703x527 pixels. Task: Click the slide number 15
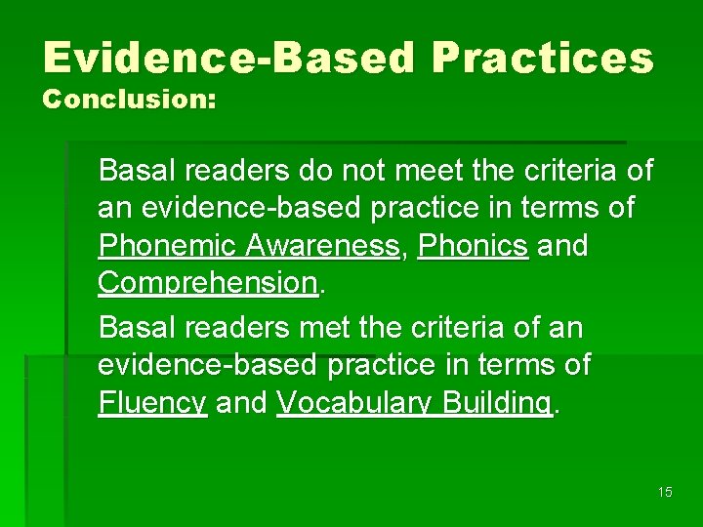[x=665, y=492]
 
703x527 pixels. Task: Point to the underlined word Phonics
[x=473, y=246]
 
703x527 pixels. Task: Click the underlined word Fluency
[x=152, y=402]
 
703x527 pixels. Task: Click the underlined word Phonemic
[x=162, y=246]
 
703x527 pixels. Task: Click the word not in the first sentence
[x=364, y=171]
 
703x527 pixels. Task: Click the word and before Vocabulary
[x=241, y=402]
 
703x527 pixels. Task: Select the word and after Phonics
[x=563, y=246]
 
